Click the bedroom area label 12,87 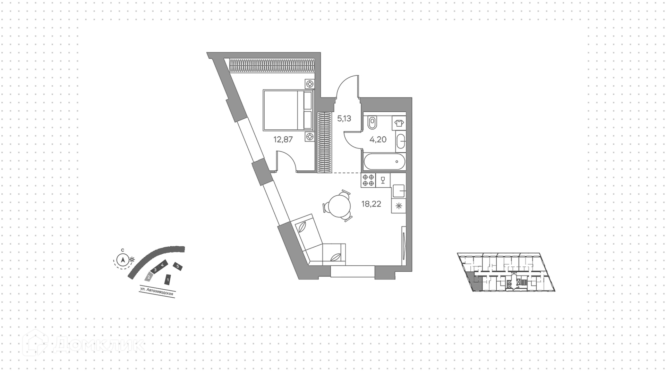283,140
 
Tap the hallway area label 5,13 344,119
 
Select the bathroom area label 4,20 378,139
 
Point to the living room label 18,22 371,204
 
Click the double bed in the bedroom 288,110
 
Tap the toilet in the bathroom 373,123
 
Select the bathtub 384,162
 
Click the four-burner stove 368,180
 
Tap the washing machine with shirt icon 399,123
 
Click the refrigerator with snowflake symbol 399,206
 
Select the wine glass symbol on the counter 383,180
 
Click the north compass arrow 122,259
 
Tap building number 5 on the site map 178,266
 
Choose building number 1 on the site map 168,279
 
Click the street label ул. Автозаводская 157,292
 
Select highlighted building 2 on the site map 148,277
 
